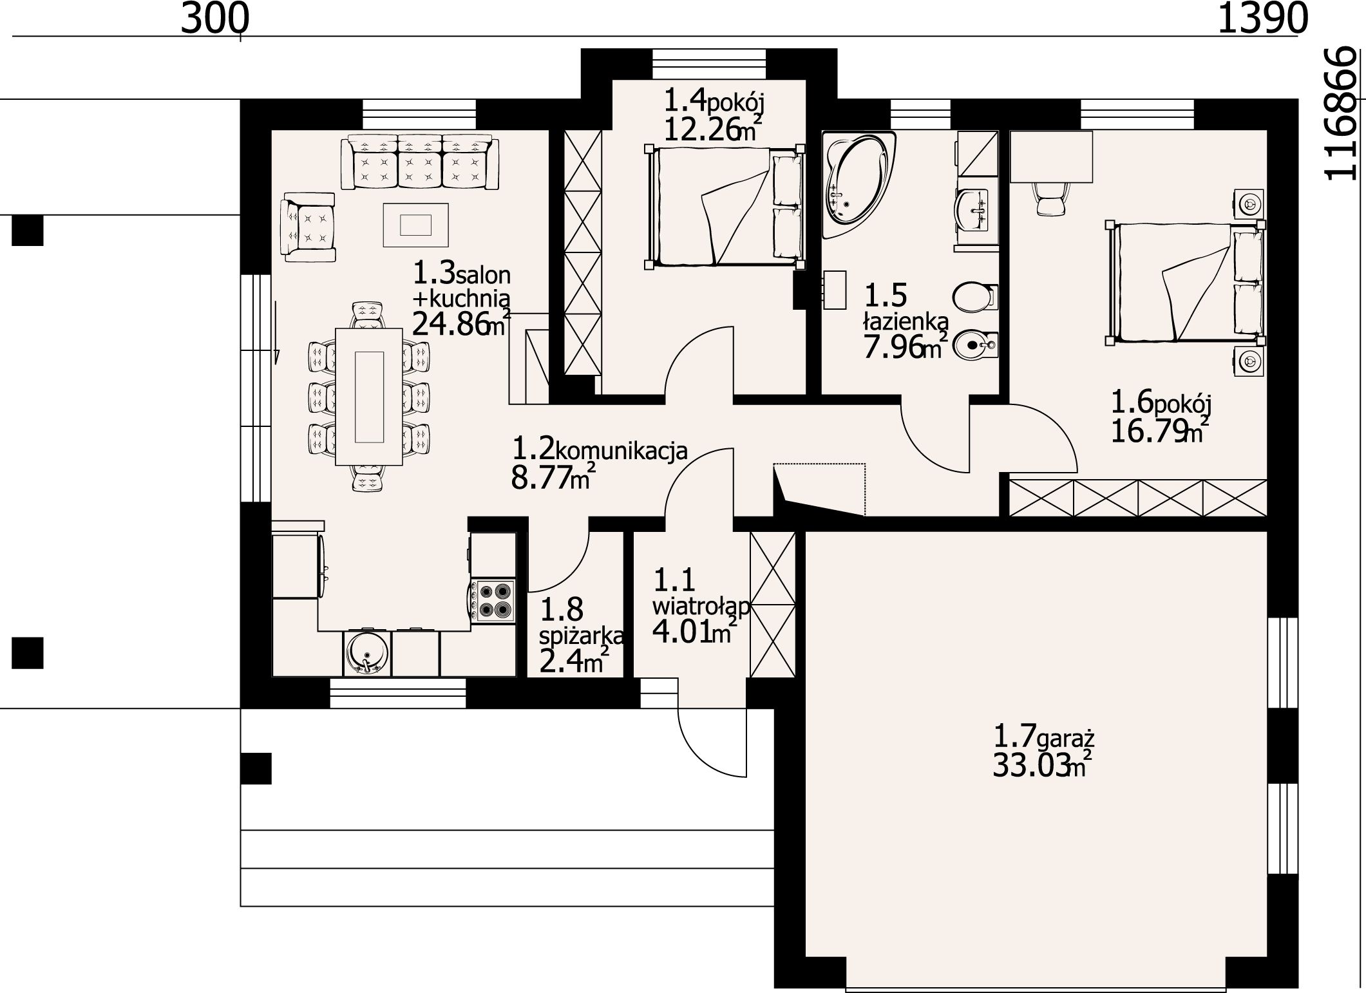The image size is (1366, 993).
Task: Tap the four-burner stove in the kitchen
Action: pos(493,601)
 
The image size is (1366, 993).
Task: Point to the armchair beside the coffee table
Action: pos(308,227)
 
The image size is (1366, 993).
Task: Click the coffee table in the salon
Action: pos(415,224)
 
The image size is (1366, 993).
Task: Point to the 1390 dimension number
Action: pos(1262,18)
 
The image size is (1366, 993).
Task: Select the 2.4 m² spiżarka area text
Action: pos(574,660)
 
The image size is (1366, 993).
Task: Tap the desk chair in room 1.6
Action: pos(1050,198)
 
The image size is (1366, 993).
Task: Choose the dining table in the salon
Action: pos(369,396)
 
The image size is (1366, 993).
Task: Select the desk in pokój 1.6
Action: pos(1051,156)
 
